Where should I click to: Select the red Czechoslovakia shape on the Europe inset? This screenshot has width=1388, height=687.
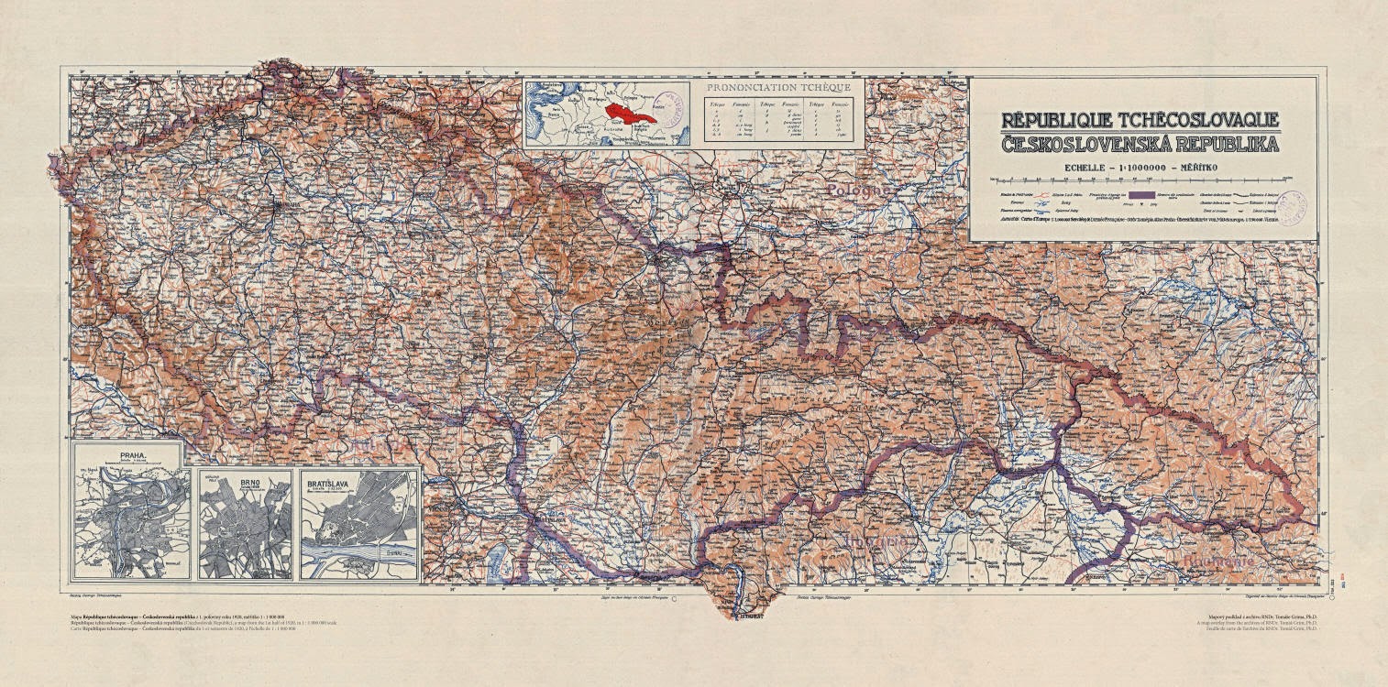[x=629, y=115]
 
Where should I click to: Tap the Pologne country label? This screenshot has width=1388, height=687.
[x=856, y=190]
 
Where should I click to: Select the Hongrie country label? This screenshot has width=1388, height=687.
[x=880, y=542]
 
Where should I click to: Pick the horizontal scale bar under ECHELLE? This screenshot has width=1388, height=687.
[x=1141, y=178]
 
